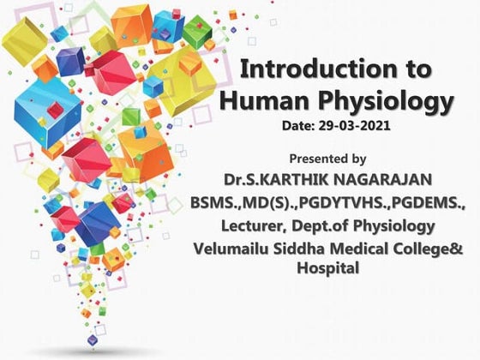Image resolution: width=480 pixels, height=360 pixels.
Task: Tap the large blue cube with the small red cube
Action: (47, 107)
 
